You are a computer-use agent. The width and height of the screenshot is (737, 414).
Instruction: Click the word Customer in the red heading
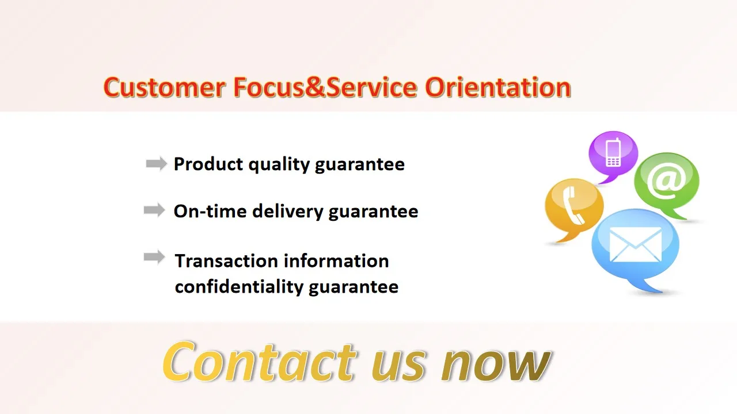165,87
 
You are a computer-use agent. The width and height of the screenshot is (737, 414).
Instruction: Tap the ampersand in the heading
315,87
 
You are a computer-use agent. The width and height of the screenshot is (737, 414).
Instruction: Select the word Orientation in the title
498,87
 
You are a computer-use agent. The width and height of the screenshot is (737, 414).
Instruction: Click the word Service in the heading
371,87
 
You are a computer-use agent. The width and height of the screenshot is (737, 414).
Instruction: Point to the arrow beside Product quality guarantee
156,164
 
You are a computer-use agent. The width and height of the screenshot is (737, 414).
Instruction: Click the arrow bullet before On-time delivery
154,210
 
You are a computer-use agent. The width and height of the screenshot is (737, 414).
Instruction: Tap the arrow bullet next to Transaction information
154,257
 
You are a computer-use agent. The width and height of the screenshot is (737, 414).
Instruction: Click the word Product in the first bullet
208,164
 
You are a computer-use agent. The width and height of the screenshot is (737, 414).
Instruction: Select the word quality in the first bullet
279,165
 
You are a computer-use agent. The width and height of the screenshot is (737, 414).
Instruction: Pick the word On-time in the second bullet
210,211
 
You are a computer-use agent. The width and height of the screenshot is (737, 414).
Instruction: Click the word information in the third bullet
336,261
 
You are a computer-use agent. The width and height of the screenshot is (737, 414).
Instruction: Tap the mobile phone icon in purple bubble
613,152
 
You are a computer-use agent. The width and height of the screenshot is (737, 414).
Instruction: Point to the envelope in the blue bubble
635,244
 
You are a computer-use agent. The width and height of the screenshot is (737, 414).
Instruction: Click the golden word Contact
260,362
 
